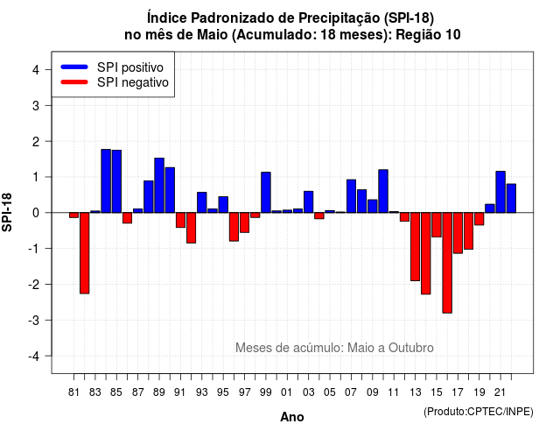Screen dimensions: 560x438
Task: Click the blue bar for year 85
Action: pos(116,181)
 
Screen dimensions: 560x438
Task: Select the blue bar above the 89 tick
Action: pos(159,185)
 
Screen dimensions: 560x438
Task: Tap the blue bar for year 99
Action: pos(266,193)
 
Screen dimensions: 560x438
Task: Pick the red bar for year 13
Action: pos(415,247)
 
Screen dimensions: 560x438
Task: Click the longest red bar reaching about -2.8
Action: pos(447,263)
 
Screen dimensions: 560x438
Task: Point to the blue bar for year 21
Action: pos(500,192)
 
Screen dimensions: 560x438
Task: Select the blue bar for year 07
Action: pos(351,196)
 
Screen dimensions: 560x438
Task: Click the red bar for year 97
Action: pos(245,223)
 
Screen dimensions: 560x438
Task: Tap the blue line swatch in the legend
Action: pos(74,67)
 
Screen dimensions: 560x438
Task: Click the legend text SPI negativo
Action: pos(133,82)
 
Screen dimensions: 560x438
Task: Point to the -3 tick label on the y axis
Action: pos(34,320)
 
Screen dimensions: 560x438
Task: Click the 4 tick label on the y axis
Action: pos(36,69)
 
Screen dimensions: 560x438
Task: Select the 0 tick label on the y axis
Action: pos(36,213)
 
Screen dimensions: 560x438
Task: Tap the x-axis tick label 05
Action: pos(330,392)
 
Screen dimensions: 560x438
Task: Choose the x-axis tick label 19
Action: pos(479,392)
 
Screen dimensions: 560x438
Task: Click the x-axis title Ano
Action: pos(292,417)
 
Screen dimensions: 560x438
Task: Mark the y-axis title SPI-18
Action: pos(7,212)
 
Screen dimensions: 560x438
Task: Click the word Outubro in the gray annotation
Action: pos(411,348)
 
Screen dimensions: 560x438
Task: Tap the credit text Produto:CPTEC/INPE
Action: pos(479,412)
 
